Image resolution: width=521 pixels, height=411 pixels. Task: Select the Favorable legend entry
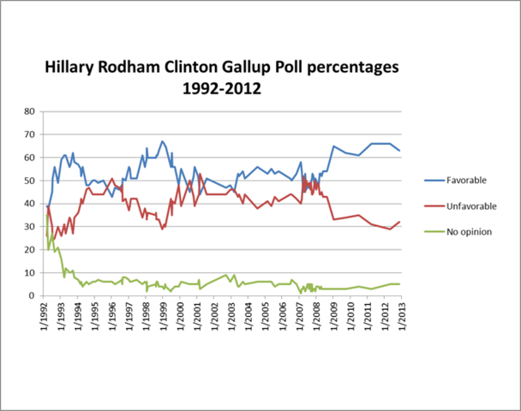pos(467,180)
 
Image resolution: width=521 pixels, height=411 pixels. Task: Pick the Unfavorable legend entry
pos(471,206)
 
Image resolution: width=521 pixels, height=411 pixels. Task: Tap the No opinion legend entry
pos(470,233)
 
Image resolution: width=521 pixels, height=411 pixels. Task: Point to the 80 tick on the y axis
pos(29,111)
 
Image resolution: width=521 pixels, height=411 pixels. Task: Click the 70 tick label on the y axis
pos(29,134)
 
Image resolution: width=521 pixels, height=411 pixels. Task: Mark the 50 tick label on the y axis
pos(29,181)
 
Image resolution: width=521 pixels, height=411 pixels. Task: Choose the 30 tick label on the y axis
pos(29,227)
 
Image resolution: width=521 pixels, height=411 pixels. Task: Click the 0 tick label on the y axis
pos(32,295)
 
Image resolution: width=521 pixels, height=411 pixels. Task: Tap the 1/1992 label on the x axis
pos(43,319)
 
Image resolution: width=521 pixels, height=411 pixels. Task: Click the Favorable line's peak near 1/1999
pos(162,141)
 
